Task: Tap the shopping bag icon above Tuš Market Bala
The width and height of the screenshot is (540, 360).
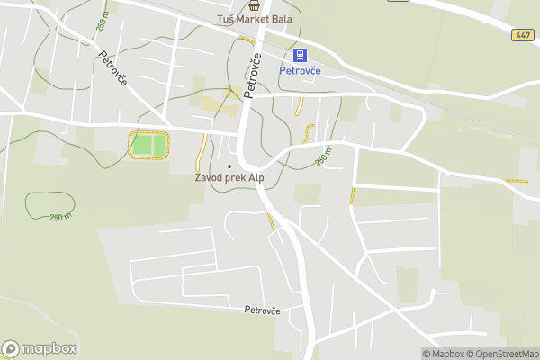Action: tap(254, 5)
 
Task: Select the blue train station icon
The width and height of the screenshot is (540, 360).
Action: tap(301, 54)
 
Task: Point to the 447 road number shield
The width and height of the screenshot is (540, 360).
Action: tap(524, 35)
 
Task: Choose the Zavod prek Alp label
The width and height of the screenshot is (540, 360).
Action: tap(229, 178)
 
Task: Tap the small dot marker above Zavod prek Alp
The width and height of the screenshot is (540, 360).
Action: tap(229, 166)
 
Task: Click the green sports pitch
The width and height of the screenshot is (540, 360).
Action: tap(148, 144)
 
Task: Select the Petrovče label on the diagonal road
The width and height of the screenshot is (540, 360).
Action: tap(113, 68)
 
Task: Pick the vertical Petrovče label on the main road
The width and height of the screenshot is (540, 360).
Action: tap(254, 77)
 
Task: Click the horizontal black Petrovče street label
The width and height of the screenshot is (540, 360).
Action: tap(262, 310)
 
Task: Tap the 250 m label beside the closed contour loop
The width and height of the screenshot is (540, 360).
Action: tap(60, 217)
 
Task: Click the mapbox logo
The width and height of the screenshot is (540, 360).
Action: tap(40, 348)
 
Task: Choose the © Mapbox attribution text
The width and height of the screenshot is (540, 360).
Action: tap(442, 354)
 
